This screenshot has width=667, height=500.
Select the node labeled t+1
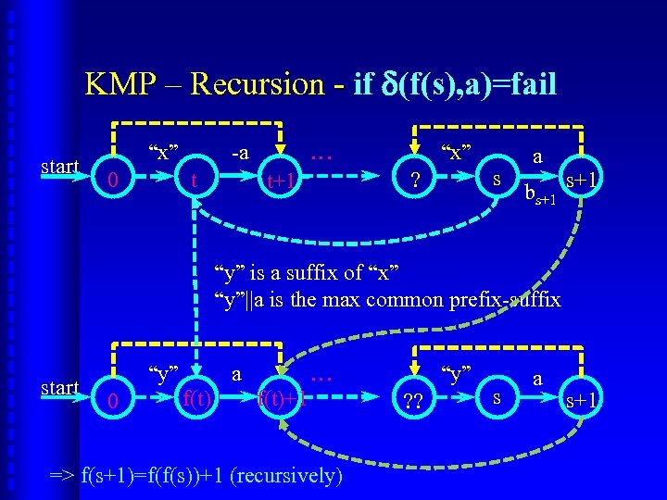pyautogui.click(x=281, y=182)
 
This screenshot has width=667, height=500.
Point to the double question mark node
pyautogui.click(x=411, y=401)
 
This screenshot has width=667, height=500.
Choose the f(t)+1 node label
pyautogui.click(x=282, y=400)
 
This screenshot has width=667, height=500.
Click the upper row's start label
pyautogui.click(x=60, y=168)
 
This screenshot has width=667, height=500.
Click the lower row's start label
pyautogui.click(x=60, y=386)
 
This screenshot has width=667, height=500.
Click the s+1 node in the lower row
pyautogui.click(x=582, y=399)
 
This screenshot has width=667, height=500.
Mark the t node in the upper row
pyautogui.click(x=193, y=181)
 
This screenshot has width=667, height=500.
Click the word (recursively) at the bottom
pyautogui.click(x=289, y=477)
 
